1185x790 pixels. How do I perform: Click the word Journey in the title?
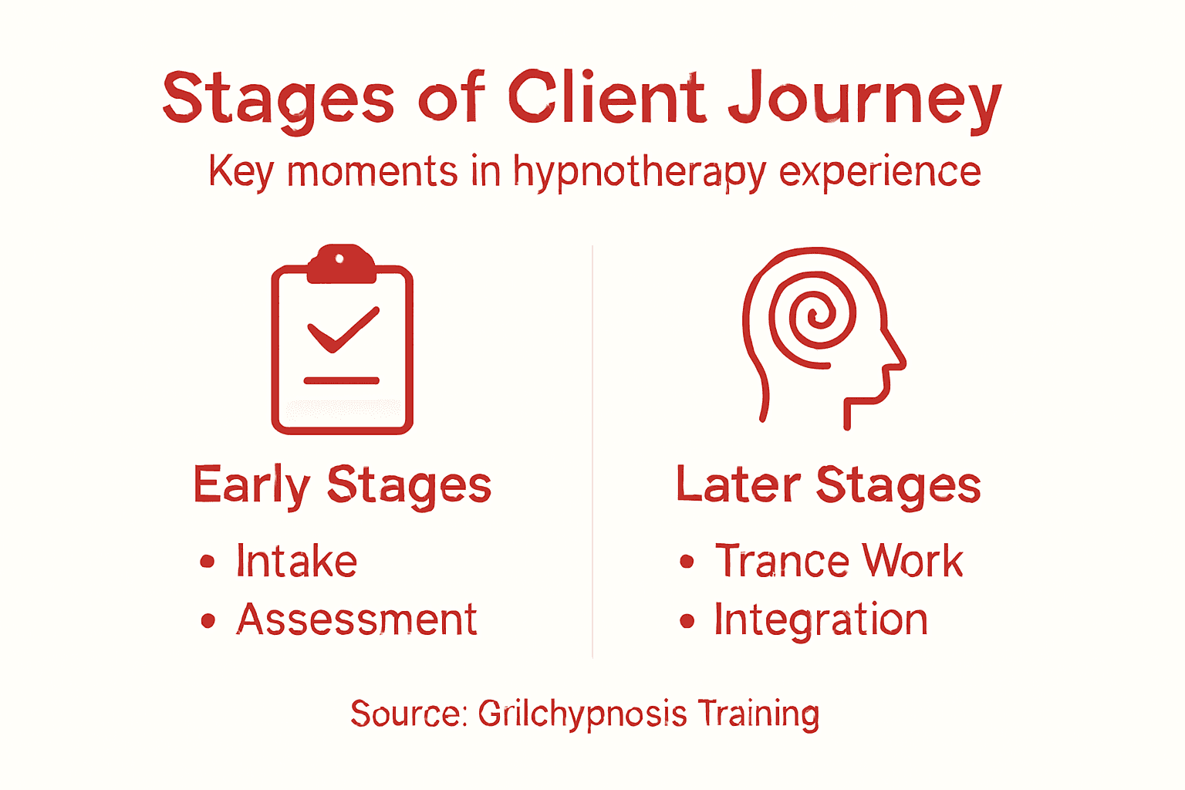[864, 100]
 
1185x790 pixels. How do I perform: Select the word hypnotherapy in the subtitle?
[640, 172]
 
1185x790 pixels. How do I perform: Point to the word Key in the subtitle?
[241, 172]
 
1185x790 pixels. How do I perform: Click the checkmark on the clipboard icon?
[343, 329]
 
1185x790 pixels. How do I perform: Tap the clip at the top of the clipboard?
[341, 264]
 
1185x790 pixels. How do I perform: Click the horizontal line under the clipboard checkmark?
[341, 380]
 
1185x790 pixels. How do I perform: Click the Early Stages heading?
[342, 485]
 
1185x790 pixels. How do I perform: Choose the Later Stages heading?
[828, 485]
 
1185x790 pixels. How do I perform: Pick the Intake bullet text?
[296, 561]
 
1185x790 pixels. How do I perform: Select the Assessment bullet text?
[356, 620]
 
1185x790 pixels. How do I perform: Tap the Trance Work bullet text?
[839, 561]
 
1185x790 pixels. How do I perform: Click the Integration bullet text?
[820, 620]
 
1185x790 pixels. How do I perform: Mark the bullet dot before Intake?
[207, 562]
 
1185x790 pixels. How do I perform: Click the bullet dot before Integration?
[687, 621]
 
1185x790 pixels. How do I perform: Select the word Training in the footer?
[758, 714]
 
